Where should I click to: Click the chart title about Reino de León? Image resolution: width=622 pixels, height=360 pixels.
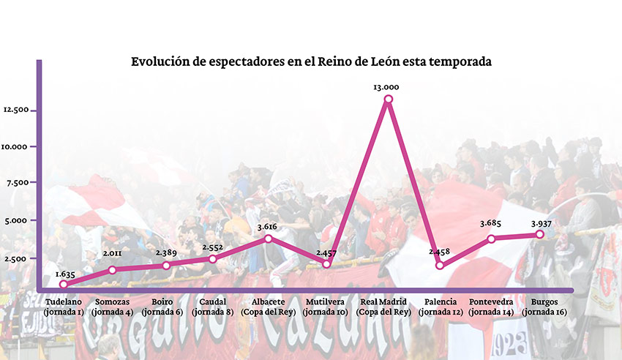pos(311,62)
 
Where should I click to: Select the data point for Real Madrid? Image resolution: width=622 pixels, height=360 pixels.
pos(388,99)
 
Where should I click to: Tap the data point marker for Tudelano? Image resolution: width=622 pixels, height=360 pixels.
pos(64,285)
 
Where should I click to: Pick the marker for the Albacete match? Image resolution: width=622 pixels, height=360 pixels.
pos(269,239)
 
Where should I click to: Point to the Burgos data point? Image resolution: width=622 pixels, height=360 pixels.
pos(540,234)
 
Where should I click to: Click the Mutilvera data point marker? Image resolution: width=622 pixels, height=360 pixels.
pos(326,264)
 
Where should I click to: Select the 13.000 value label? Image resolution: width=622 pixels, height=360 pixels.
pos(386,87)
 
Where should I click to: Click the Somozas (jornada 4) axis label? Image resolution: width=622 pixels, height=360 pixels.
pos(113,307)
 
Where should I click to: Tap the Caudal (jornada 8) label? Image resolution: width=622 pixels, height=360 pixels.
pos(212,307)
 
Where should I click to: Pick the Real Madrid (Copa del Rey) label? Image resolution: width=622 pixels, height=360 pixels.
pos(385,307)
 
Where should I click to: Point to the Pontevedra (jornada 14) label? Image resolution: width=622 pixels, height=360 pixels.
pos(490,307)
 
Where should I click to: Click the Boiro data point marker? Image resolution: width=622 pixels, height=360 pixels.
pos(166,265)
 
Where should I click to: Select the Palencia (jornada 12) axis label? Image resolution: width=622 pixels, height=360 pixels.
pos(441,307)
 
